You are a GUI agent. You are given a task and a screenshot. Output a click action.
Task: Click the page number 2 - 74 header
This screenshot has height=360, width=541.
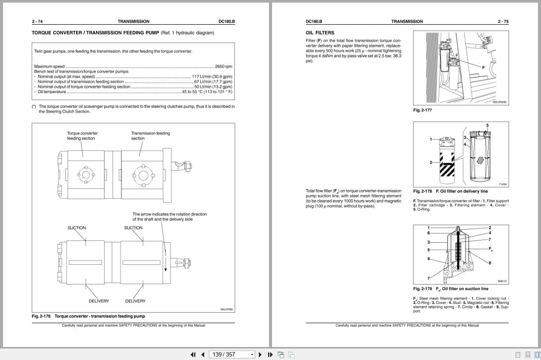(37, 21)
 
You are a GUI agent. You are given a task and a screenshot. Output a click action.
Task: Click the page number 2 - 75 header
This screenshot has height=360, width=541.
(503, 21)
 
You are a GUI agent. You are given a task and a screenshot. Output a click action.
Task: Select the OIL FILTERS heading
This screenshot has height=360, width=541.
(320, 33)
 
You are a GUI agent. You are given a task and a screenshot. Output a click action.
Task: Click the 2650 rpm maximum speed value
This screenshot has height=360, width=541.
(223, 67)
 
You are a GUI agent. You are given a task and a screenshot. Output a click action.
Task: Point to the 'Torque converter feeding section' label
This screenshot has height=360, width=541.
(82, 136)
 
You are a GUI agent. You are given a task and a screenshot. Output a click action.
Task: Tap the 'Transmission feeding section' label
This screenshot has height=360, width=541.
(150, 136)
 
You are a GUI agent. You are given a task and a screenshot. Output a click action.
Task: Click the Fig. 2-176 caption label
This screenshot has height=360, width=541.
(41, 316)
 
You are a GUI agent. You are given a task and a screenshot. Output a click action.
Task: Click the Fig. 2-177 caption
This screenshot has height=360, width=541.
(422, 110)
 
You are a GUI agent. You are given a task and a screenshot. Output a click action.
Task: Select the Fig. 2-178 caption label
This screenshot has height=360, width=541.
(422, 191)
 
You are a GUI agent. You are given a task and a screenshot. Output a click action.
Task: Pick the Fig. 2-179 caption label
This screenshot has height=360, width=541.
(422, 289)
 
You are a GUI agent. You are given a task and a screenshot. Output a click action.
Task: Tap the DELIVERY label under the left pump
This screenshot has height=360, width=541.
(99, 301)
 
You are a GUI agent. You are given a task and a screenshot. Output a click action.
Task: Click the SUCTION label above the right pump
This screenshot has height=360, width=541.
(133, 228)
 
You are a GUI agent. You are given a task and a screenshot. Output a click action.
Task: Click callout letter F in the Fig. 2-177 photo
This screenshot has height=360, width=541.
(483, 67)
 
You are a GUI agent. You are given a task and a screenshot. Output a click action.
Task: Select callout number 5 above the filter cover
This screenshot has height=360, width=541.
(487, 126)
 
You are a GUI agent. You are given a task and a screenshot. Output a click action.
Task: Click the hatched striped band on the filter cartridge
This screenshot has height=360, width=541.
(448, 169)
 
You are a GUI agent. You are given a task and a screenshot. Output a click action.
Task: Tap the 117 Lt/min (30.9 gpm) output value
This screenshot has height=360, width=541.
(212, 77)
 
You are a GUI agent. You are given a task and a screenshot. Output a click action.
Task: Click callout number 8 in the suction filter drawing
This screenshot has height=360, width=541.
(490, 263)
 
